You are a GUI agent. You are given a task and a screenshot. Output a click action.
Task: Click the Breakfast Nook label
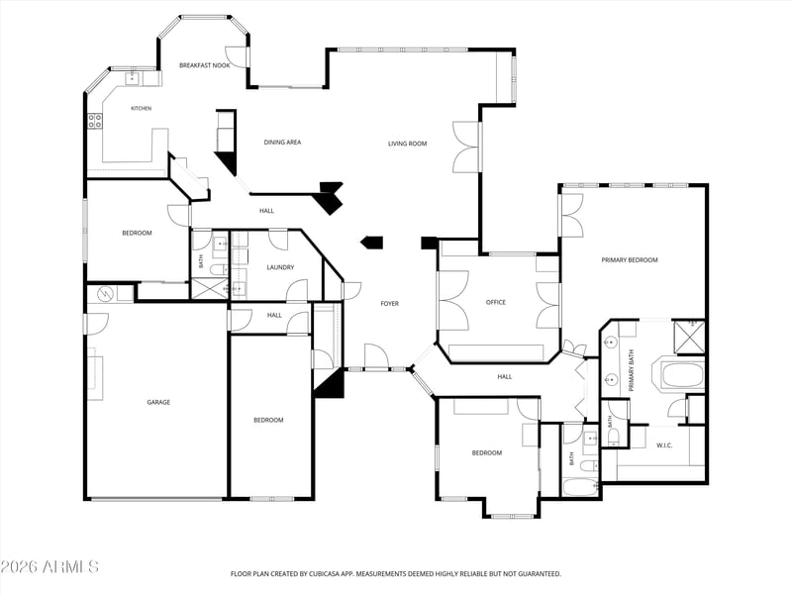(205, 65)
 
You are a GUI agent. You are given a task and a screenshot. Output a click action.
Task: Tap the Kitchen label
(141, 108)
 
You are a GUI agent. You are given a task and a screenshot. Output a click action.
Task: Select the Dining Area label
(282, 143)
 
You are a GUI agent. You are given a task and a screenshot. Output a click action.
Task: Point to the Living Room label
(407, 144)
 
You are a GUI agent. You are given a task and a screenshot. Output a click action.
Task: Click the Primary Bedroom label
(630, 260)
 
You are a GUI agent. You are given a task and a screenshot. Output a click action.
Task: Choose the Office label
(496, 302)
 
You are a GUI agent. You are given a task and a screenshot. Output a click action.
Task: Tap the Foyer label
(389, 304)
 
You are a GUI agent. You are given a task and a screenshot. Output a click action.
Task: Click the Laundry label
(280, 267)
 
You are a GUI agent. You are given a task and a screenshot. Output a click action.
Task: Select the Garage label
(158, 402)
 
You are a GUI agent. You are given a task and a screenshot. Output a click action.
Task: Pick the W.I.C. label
(664, 445)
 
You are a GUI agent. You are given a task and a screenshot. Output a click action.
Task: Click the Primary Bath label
(631, 370)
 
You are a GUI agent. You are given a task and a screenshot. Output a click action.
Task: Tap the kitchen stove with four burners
(95, 120)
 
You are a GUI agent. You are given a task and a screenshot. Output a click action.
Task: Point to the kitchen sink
(133, 78)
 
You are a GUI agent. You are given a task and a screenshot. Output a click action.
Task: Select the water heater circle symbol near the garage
(106, 293)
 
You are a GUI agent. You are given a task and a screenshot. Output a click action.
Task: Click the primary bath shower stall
(689, 335)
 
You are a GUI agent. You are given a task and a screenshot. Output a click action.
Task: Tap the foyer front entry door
(376, 357)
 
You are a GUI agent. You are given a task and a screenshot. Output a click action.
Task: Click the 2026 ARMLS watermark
(49, 566)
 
